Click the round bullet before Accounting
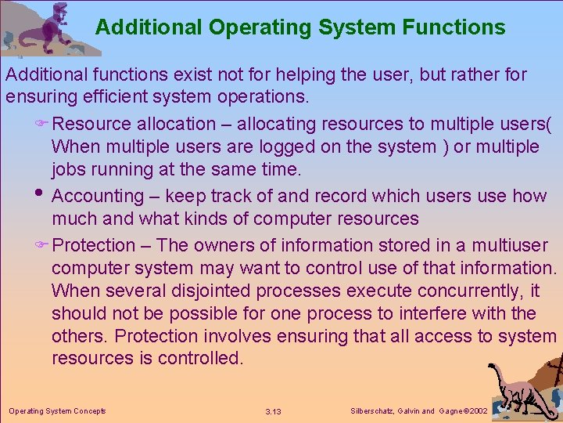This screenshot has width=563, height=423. [40, 195]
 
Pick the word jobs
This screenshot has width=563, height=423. [69, 169]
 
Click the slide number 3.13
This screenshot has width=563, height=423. [274, 411]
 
